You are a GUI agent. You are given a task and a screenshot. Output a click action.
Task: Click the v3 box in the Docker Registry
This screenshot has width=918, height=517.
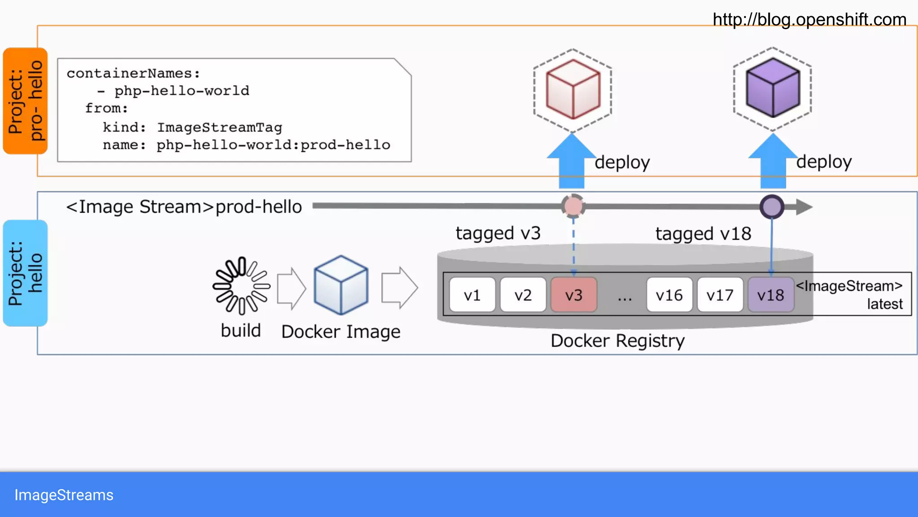click(x=574, y=295)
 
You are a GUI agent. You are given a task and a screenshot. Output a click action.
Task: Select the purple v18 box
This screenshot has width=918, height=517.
click(x=771, y=295)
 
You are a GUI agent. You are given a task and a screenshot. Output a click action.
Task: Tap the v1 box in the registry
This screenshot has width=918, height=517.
click(x=472, y=295)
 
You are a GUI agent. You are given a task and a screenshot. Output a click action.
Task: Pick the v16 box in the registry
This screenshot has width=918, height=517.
click(x=669, y=295)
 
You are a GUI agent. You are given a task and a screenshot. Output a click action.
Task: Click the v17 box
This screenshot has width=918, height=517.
click(x=720, y=295)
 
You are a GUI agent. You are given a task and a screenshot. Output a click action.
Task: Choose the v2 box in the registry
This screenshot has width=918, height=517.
click(x=523, y=295)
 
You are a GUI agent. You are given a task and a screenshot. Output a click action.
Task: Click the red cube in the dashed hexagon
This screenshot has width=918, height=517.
click(x=573, y=89)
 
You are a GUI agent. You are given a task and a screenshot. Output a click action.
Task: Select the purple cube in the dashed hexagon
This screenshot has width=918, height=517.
click(x=772, y=88)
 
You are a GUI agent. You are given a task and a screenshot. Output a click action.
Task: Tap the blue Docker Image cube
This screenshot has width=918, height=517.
click(x=341, y=285)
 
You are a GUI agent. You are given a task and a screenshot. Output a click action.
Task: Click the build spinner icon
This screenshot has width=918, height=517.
click(x=241, y=286)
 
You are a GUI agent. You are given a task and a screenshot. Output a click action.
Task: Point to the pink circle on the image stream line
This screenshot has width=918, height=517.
click(x=573, y=206)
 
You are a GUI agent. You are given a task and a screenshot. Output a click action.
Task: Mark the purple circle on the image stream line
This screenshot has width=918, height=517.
click(x=772, y=207)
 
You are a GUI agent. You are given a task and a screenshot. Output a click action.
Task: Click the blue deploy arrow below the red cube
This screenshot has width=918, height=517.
click(x=572, y=164)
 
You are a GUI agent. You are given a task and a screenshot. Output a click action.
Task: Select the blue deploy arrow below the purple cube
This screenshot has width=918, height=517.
click(x=773, y=164)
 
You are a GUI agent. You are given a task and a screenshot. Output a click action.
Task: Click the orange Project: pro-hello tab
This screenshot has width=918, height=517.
click(x=25, y=101)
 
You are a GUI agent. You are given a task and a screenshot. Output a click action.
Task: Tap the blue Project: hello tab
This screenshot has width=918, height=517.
click(x=25, y=273)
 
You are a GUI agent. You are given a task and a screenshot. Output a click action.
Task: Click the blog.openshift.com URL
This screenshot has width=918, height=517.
click(x=809, y=20)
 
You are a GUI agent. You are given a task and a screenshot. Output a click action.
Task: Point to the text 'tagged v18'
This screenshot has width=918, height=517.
click(x=703, y=234)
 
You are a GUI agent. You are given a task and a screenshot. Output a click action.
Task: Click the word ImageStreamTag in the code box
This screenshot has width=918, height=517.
click(x=219, y=127)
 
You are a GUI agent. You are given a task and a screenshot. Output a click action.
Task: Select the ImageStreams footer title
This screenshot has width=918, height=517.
click(x=64, y=495)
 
